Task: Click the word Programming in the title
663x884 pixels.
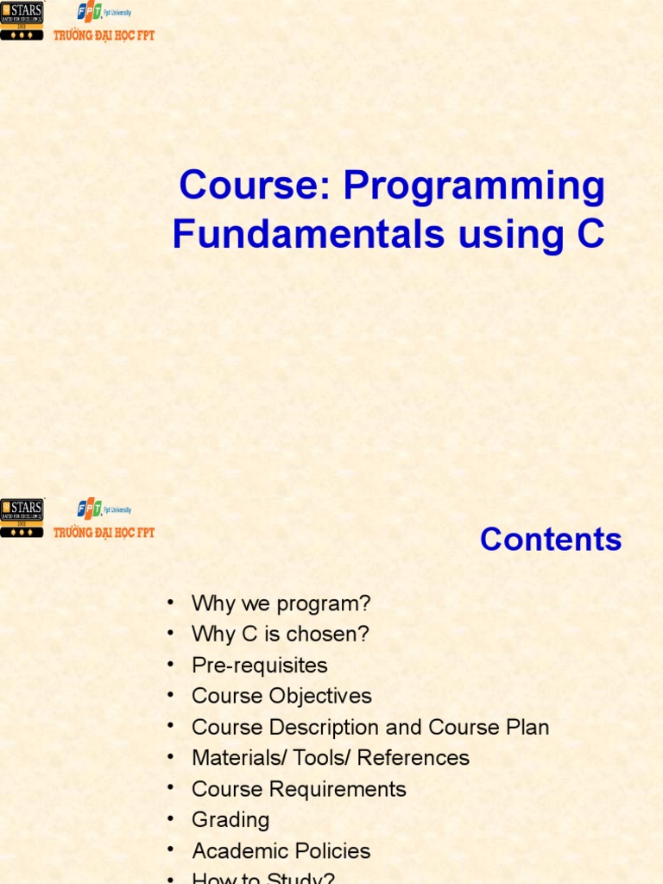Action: point(474,186)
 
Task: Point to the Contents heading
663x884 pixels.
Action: point(551,540)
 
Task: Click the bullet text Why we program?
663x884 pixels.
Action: point(281,603)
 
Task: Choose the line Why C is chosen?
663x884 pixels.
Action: point(280,635)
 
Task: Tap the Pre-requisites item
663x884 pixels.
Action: point(260,666)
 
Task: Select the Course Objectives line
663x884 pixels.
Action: point(281,697)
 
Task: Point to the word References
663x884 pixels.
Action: point(414,759)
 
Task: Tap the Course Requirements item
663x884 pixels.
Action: point(299,789)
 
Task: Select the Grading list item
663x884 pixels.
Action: point(230,820)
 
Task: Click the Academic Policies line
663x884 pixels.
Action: point(281,851)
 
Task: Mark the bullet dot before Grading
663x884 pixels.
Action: point(171,818)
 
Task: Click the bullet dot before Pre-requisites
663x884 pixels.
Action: point(171,664)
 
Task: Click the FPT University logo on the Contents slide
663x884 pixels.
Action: point(104,519)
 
